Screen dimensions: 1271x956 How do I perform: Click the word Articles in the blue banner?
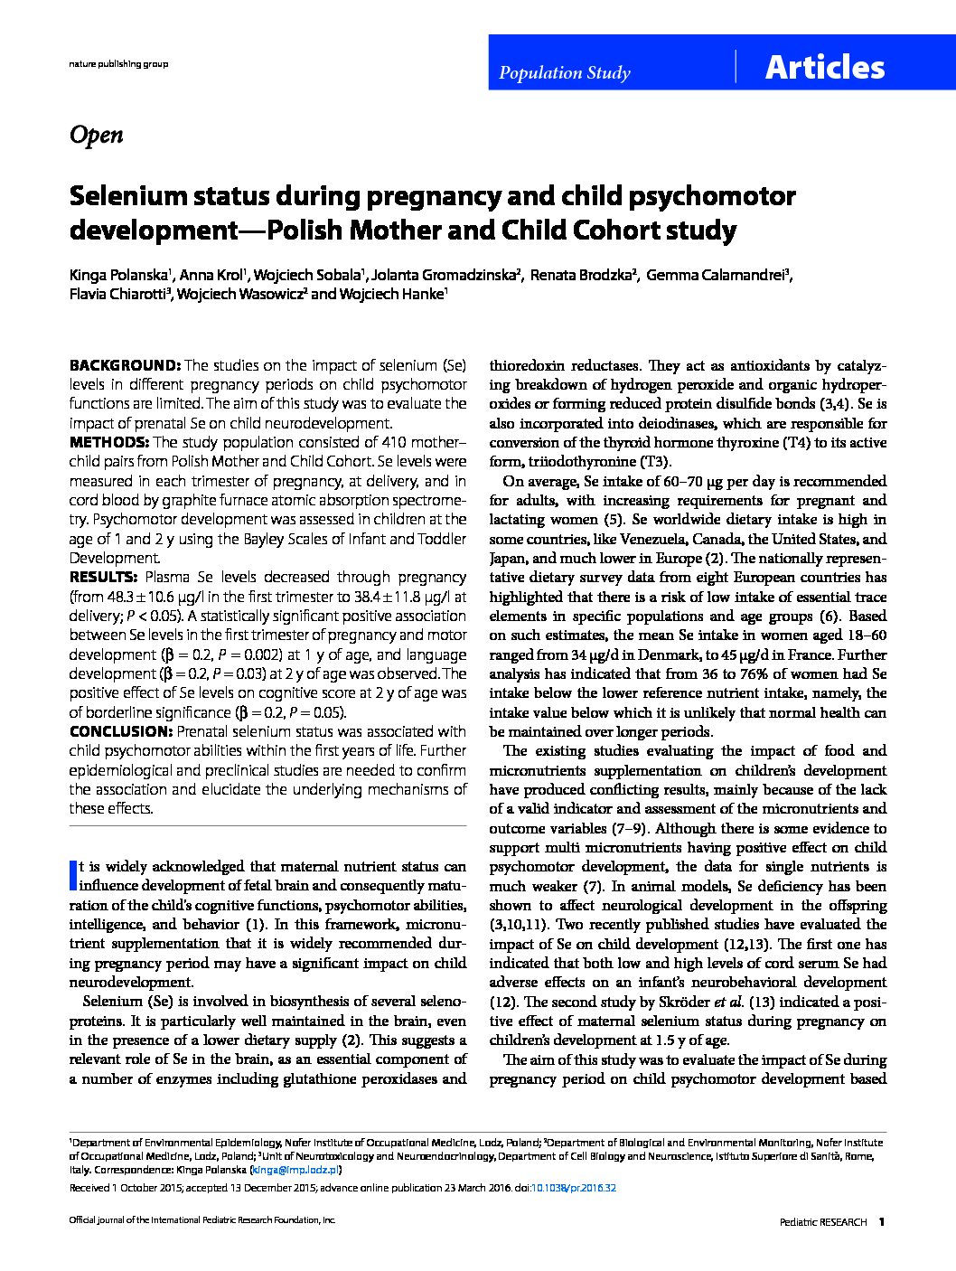point(824,68)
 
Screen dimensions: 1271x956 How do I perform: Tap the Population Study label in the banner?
point(565,73)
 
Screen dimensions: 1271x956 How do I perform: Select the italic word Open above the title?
point(96,135)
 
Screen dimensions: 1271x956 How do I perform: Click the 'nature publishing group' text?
point(118,64)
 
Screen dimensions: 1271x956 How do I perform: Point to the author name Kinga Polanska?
point(118,275)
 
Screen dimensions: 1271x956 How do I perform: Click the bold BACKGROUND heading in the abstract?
point(126,365)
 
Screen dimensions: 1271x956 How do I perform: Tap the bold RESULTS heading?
point(104,577)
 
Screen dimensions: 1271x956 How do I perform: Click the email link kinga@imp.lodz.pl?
point(295,1169)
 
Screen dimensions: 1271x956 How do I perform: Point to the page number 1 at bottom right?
point(882,1221)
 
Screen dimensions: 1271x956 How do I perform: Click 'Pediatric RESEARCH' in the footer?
point(822,1221)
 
